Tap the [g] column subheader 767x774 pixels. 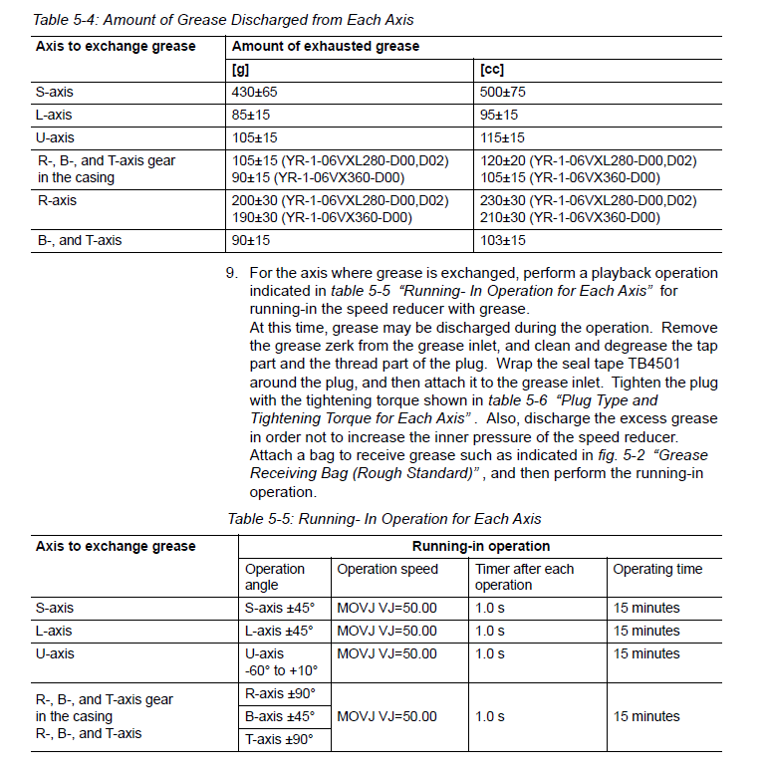(240, 69)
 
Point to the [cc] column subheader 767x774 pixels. (492, 69)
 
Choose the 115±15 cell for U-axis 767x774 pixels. (502, 137)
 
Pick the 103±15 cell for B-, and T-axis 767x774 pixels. (502, 240)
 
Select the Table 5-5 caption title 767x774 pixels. (383, 518)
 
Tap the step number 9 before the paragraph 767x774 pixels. (231, 273)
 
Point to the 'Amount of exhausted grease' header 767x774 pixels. (326, 46)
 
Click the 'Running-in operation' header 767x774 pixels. (480, 546)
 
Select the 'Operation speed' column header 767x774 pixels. (387, 569)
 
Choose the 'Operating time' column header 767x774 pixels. (657, 569)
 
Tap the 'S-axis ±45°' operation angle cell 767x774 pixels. (279, 608)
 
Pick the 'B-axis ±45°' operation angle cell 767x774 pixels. (280, 716)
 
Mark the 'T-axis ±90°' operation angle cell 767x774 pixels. (279, 739)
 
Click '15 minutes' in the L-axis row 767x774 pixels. (646, 631)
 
